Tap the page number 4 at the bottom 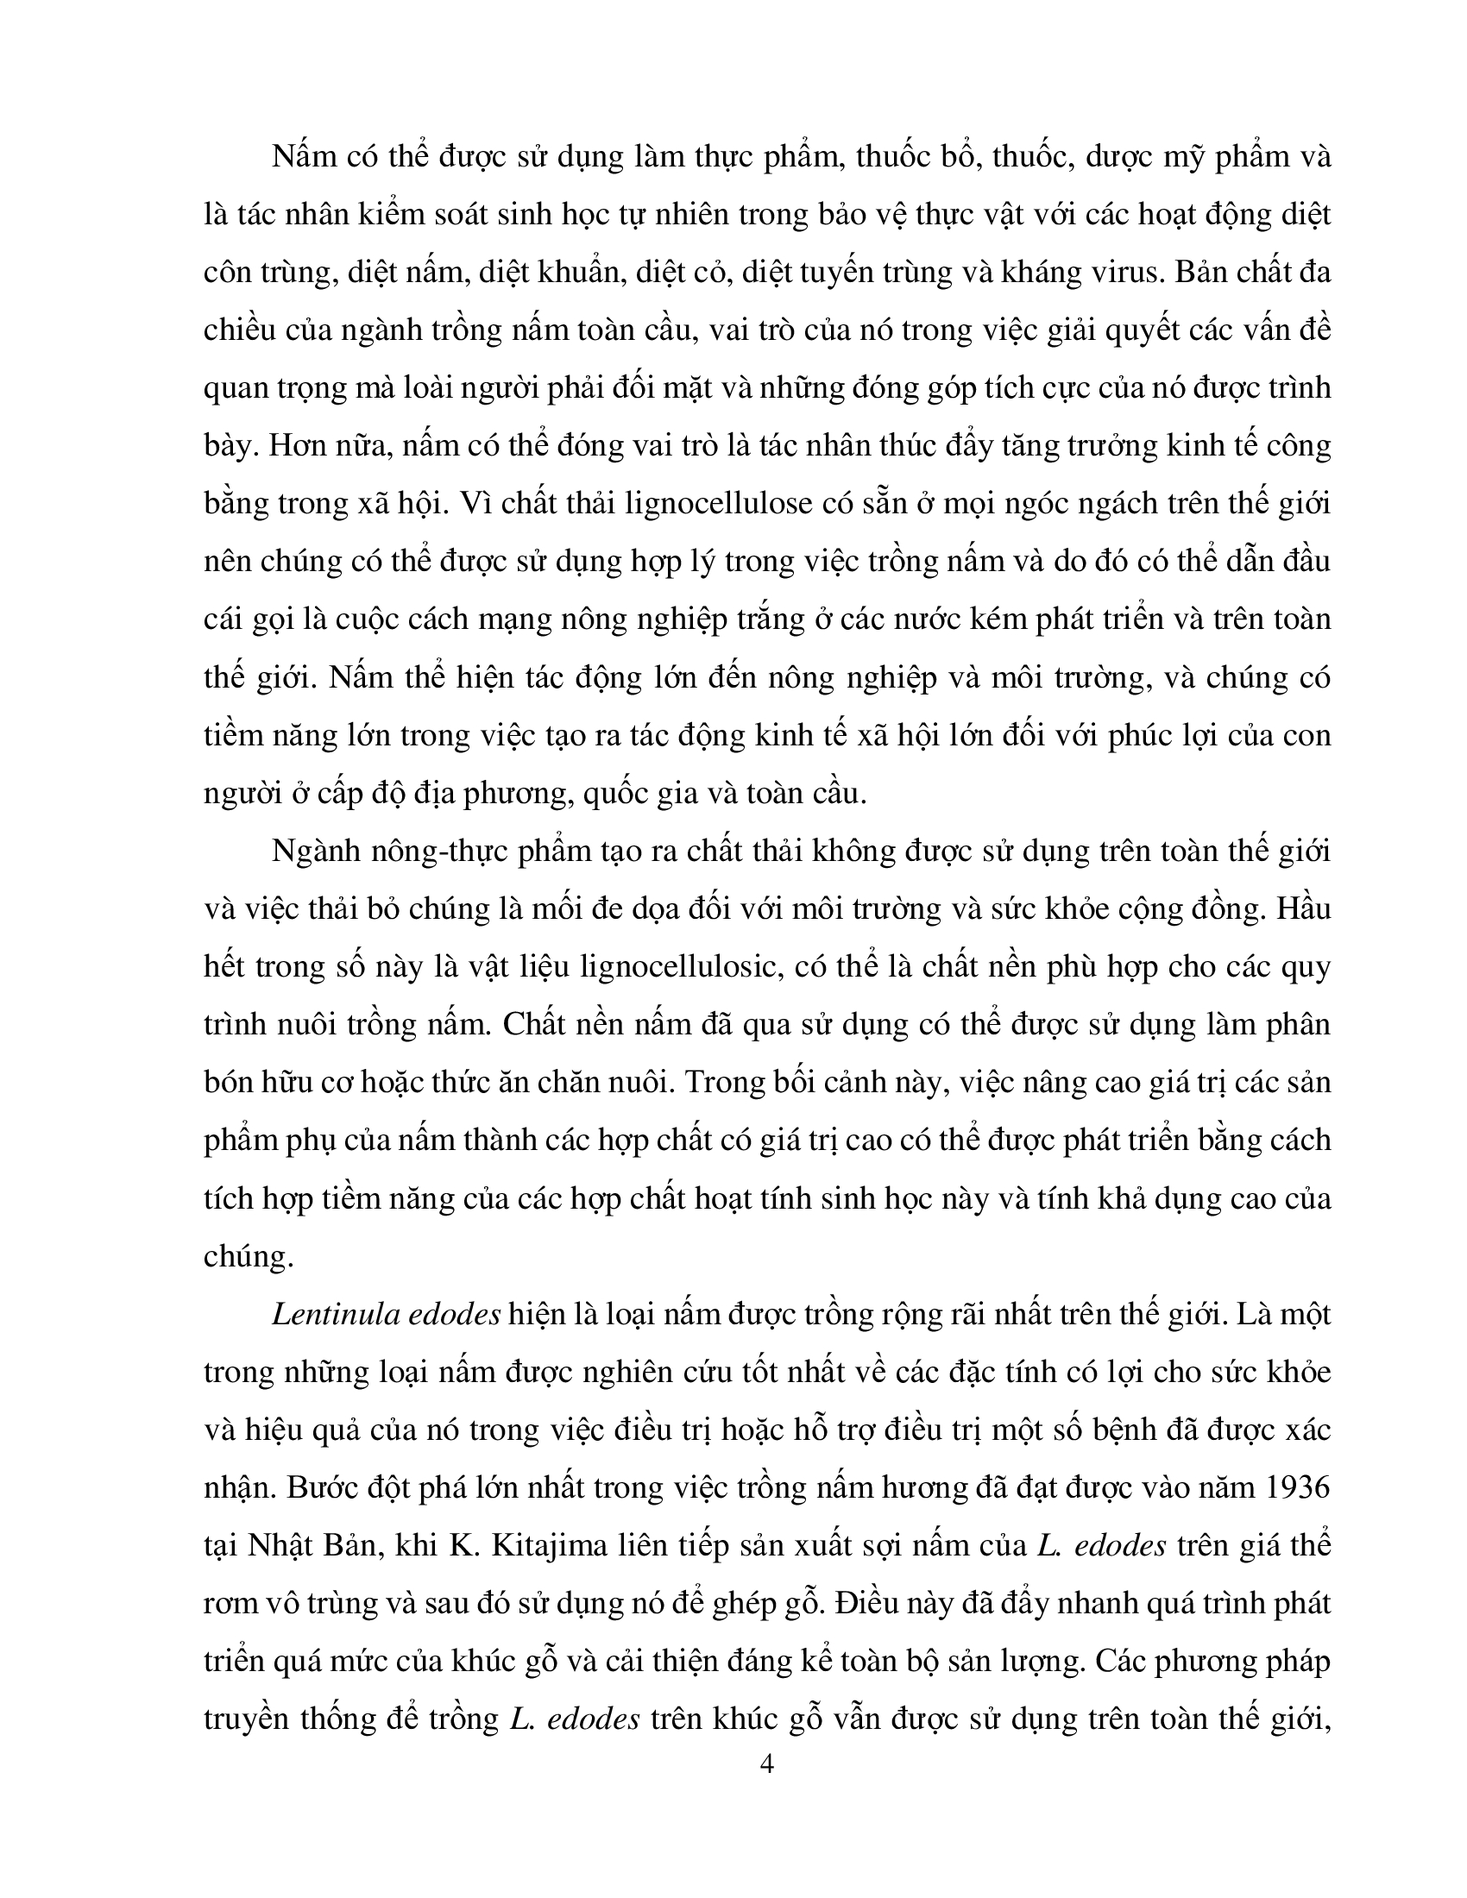point(765,1763)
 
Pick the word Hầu point(1302,909)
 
